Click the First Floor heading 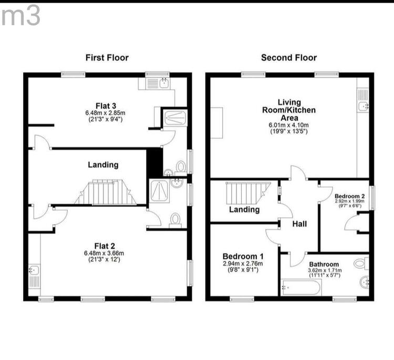coord(107,58)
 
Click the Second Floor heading coord(289,58)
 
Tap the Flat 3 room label coord(106,105)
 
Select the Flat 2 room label coord(105,246)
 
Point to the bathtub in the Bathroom coord(301,288)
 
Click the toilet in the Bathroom coord(361,263)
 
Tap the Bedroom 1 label coord(243,256)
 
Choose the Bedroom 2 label coord(349,196)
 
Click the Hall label coord(299,224)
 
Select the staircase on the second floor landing coord(247,193)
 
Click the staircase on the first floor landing coord(106,192)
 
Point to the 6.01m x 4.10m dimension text coord(289,125)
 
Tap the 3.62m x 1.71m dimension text coord(325,270)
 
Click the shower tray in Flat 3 coord(175,118)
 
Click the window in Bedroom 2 coord(371,198)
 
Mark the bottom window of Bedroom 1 coord(242,299)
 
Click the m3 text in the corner coord(20,16)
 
